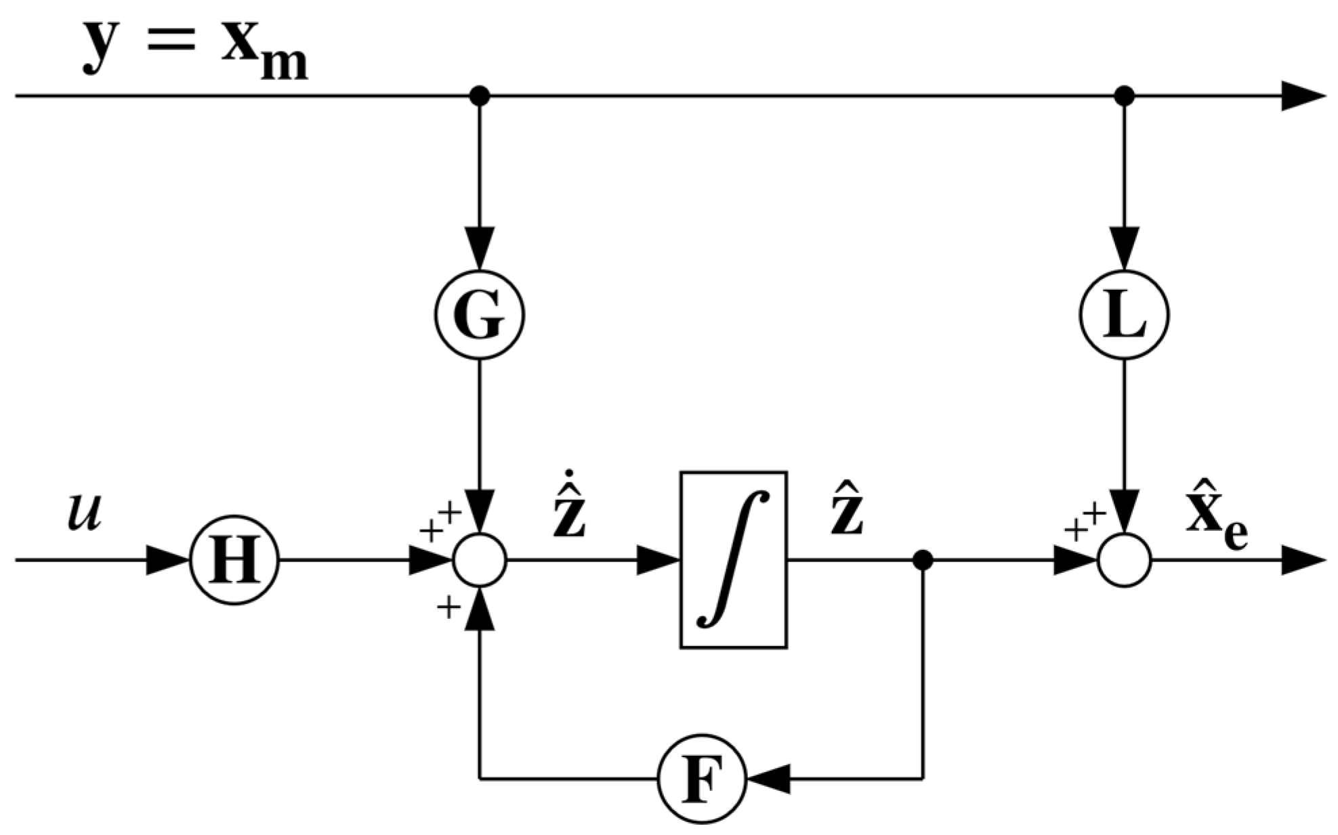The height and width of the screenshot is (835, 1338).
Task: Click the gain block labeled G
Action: click(x=479, y=316)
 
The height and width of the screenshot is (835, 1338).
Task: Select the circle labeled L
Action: click(x=1123, y=316)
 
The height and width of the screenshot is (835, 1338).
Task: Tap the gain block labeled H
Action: click(x=234, y=561)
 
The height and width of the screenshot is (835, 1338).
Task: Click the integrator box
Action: click(x=733, y=559)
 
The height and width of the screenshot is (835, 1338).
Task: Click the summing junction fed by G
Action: click(x=480, y=561)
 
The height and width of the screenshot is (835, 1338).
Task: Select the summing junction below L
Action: click(x=1124, y=561)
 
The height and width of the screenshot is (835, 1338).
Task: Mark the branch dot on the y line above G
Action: click(x=479, y=96)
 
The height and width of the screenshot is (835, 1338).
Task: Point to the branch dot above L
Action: click(x=1124, y=96)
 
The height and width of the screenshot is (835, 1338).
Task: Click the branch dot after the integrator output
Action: click(x=923, y=561)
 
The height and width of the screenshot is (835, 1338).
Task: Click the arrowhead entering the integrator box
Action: click(x=657, y=561)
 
